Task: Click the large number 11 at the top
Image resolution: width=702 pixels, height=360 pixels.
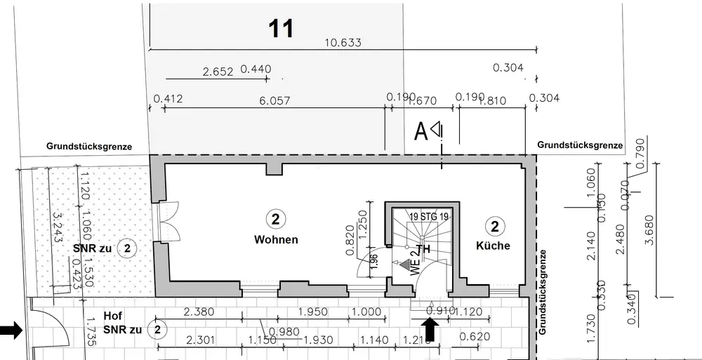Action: (281, 29)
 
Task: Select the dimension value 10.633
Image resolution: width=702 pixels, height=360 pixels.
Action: (343, 43)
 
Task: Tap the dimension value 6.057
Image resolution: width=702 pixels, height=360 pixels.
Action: (274, 100)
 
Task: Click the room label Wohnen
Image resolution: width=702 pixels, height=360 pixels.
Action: (276, 240)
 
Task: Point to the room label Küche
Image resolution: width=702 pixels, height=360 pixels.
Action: (493, 246)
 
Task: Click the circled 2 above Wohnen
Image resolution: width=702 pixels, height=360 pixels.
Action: (275, 219)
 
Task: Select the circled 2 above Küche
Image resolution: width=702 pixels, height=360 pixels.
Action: (496, 226)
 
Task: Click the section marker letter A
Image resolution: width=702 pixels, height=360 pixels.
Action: (422, 131)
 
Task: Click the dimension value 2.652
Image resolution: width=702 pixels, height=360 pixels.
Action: (218, 71)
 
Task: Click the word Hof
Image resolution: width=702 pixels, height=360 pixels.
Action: (113, 316)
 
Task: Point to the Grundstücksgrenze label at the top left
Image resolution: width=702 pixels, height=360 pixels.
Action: (89, 147)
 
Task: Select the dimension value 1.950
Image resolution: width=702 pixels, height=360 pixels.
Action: (314, 311)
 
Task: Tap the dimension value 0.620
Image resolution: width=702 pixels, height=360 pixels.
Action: (474, 337)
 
